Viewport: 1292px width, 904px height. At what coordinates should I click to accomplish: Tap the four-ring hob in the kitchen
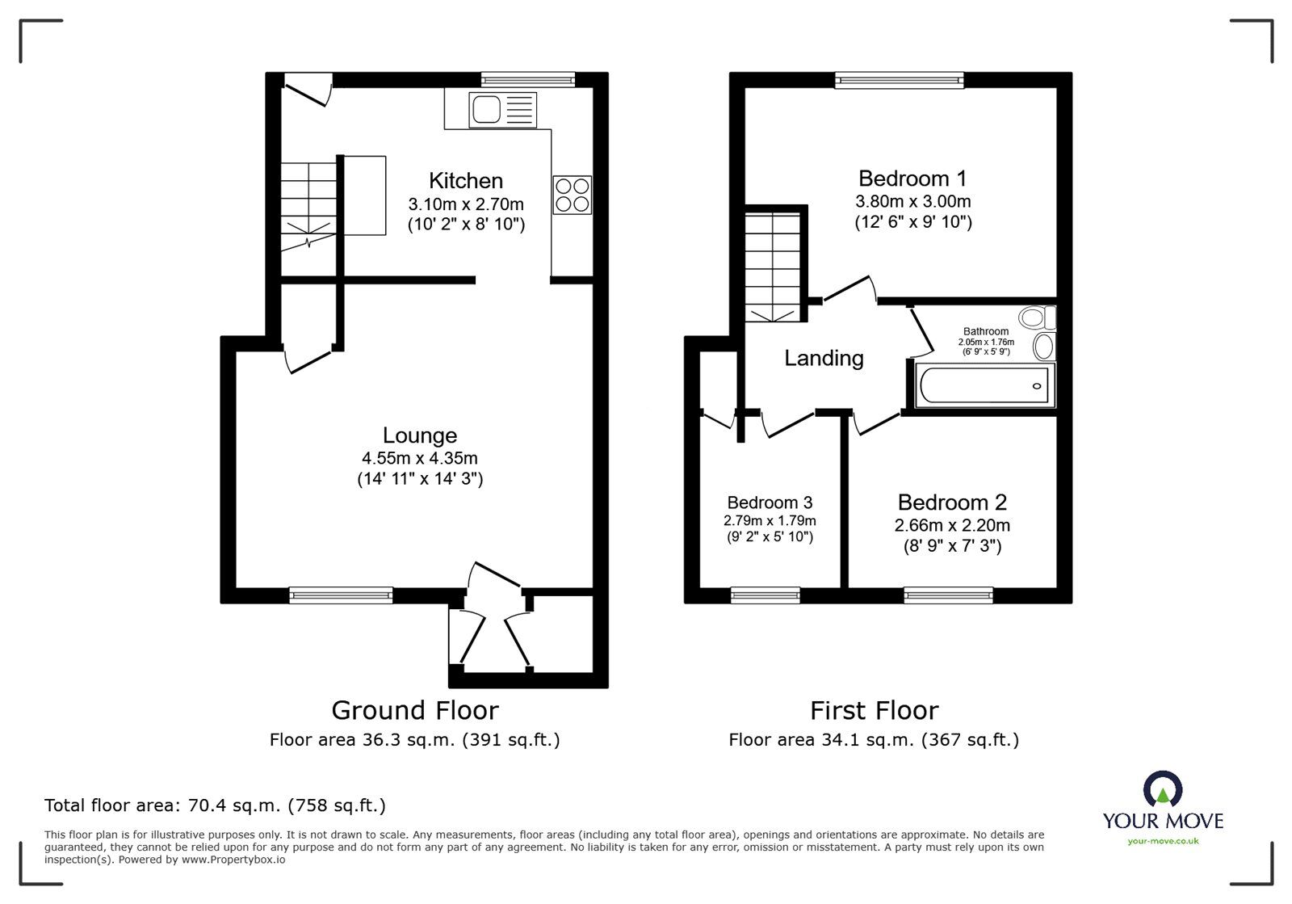pyautogui.click(x=572, y=195)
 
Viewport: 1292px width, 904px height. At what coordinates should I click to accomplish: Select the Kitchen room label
pyautogui.click(x=465, y=180)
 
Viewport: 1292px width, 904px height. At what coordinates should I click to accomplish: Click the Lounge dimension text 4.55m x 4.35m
pyautogui.click(x=419, y=458)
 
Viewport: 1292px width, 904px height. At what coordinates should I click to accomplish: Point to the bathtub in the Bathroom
pyautogui.click(x=984, y=385)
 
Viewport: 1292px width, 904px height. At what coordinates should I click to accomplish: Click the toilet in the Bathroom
pyautogui.click(x=1037, y=317)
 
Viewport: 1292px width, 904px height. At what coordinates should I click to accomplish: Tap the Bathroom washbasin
pyautogui.click(x=1043, y=347)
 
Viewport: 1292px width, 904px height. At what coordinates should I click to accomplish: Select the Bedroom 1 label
pyautogui.click(x=912, y=178)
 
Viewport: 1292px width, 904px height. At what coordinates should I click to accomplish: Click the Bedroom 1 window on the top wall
pyautogui.click(x=900, y=79)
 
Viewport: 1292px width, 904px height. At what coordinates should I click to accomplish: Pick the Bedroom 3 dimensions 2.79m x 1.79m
pyautogui.click(x=770, y=520)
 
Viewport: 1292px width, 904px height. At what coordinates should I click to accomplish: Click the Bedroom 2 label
pyautogui.click(x=952, y=502)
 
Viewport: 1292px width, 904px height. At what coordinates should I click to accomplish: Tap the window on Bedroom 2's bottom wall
pyautogui.click(x=948, y=595)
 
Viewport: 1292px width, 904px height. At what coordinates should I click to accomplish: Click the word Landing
pyautogui.click(x=824, y=358)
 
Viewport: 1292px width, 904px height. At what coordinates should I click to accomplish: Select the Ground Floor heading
pyautogui.click(x=414, y=710)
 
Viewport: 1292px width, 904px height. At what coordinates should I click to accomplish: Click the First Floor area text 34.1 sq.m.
pyautogui.click(x=874, y=739)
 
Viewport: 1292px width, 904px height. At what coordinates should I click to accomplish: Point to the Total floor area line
pyautogui.click(x=215, y=805)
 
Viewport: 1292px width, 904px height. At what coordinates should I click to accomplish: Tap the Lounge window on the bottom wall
pyautogui.click(x=341, y=595)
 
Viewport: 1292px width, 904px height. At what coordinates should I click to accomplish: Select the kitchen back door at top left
pyautogui.click(x=307, y=89)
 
